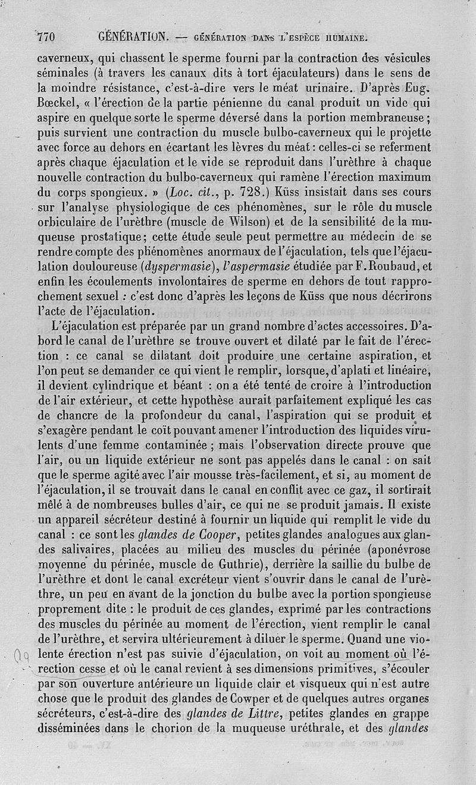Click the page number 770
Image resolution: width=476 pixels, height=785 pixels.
pyautogui.click(x=46, y=37)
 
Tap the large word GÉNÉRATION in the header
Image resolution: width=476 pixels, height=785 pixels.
pyautogui.click(x=133, y=37)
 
